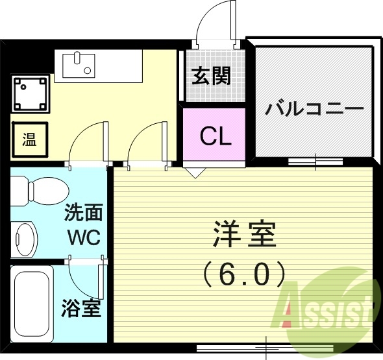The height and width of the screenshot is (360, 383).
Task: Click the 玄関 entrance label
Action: point(211,77)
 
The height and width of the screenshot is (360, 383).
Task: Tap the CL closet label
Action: point(215,137)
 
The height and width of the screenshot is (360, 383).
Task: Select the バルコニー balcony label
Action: point(314,108)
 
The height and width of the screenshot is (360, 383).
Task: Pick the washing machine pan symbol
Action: point(30,93)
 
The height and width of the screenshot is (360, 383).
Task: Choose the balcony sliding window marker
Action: point(315,160)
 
